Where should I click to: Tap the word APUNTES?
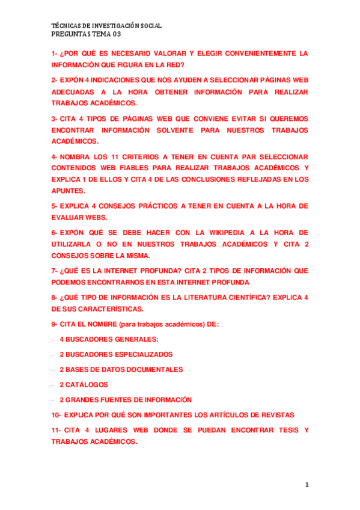(x=68, y=191)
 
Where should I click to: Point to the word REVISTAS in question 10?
(x=275, y=415)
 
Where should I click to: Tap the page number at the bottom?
(x=307, y=484)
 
